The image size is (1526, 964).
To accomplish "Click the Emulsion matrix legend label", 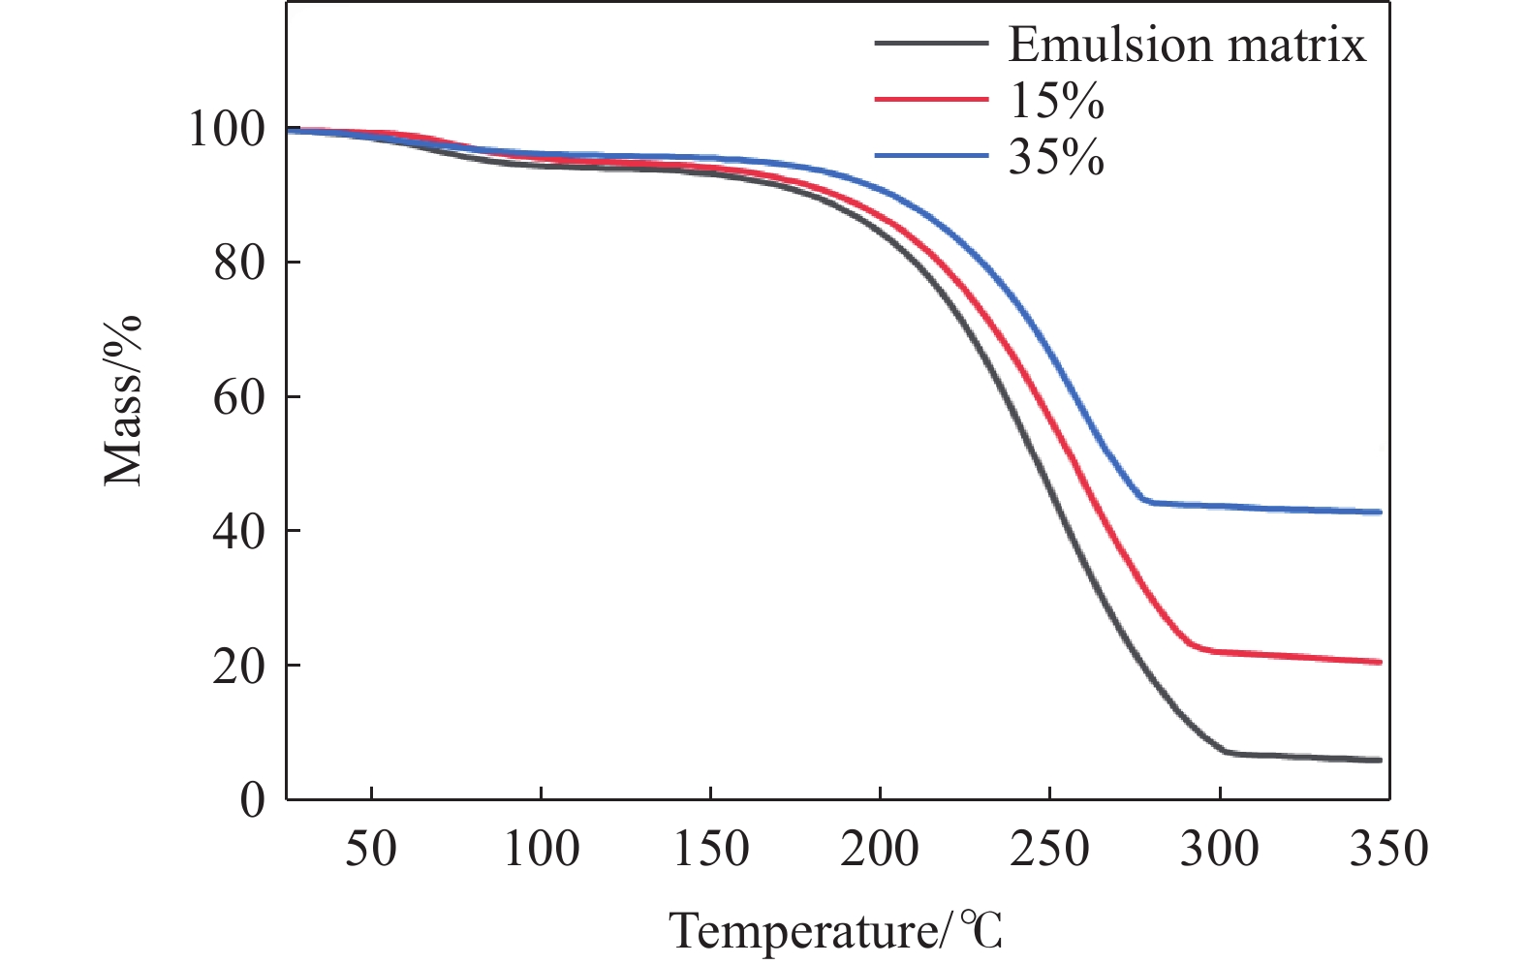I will click(1187, 45).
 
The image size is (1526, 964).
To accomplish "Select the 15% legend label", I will click(1056, 100).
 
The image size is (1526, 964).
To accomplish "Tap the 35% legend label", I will click(1056, 156).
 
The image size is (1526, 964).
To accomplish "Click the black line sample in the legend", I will click(931, 44).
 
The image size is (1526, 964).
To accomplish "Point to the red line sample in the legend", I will click(931, 99).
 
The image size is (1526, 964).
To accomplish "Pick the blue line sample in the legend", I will click(931, 155).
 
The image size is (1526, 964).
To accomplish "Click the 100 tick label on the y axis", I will click(226, 129).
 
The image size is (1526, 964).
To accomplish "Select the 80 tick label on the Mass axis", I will click(238, 263).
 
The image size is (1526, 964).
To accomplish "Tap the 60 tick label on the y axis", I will click(238, 397).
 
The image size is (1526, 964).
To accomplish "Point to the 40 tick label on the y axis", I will click(238, 531).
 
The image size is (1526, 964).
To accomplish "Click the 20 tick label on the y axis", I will click(238, 666).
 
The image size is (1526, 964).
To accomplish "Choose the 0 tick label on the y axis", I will click(252, 800).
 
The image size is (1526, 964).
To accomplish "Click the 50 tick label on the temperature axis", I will click(371, 849).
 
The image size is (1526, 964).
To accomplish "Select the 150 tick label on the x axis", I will click(710, 849).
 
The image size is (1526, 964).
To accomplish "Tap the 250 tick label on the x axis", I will click(1049, 849).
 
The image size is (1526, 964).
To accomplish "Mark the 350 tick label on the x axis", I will click(1388, 849).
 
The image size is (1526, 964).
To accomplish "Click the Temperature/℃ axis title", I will click(835, 932).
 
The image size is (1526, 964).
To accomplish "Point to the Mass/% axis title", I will click(123, 399).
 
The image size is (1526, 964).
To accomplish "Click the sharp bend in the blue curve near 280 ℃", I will click(1144, 500).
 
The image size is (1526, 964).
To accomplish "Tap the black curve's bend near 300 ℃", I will click(1225, 751).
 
